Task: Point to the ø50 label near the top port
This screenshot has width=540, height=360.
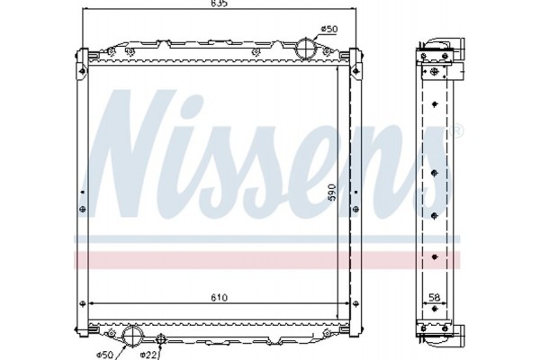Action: (330, 30)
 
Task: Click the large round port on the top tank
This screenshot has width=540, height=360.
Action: (309, 48)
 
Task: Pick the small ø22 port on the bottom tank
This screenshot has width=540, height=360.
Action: (160, 338)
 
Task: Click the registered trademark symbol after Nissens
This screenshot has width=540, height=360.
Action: (456, 132)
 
